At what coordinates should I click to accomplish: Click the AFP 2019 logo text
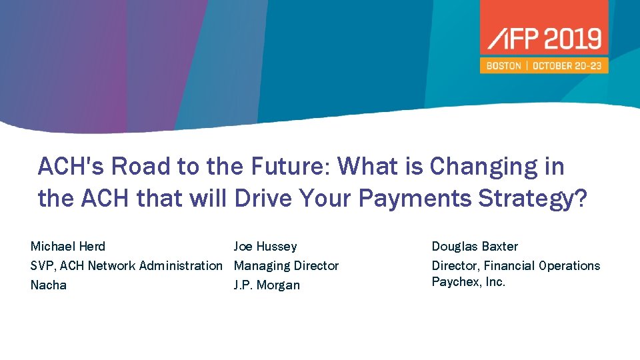pos(544,39)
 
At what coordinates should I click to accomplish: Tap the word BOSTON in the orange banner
pos(503,66)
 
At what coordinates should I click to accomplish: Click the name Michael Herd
pos(68,247)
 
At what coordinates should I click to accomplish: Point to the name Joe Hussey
pos(265,247)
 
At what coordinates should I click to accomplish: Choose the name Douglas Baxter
pos(475,247)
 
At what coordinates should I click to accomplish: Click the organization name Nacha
pos(49,285)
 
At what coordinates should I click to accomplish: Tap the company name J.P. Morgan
pos(267,285)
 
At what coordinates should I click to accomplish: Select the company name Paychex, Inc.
pos(469,282)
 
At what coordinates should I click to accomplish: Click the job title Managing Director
pos(286,266)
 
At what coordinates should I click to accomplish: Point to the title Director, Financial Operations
pos(516,266)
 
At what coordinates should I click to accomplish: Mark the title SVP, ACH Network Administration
pos(127,266)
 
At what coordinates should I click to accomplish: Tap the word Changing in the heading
pos(497,167)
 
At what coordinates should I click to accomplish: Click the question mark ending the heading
pos(581,199)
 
